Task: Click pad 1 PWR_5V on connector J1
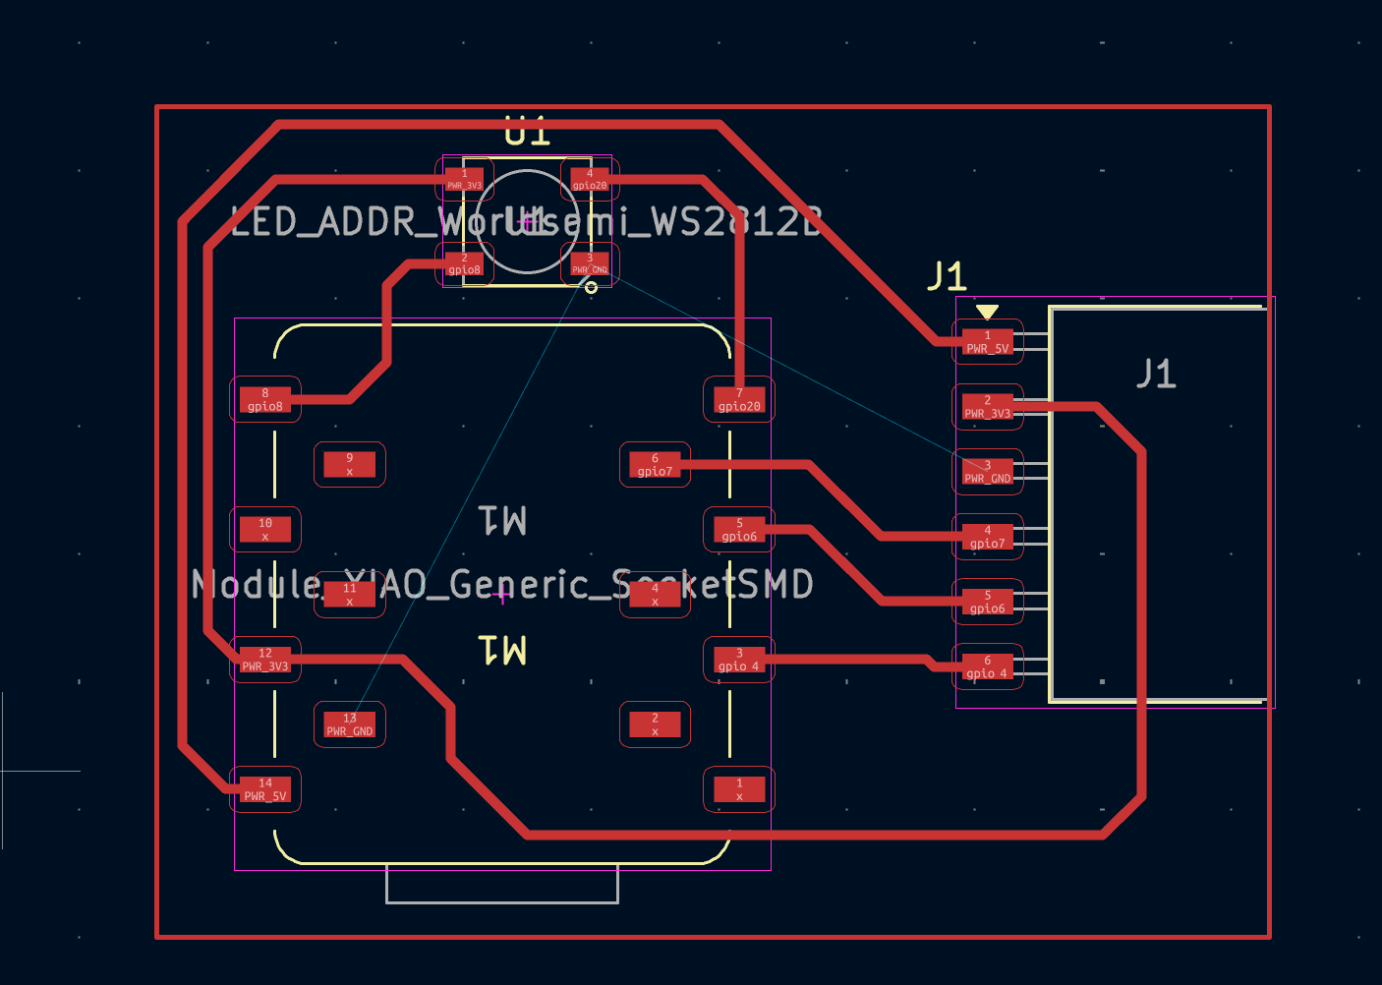(x=988, y=342)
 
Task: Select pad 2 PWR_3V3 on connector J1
(x=988, y=407)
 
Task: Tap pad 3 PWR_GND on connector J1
(x=988, y=472)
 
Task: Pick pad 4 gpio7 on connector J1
(x=988, y=537)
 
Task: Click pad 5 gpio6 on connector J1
(x=988, y=602)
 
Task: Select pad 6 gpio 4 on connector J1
(x=988, y=666)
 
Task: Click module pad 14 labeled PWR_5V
(x=265, y=789)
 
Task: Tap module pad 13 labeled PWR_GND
(x=350, y=724)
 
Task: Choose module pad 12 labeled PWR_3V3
(x=265, y=660)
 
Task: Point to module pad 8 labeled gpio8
(x=265, y=399)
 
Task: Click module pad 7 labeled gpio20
(x=739, y=399)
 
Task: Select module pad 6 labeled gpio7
(x=655, y=464)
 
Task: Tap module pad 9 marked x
(x=350, y=464)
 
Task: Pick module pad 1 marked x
(x=739, y=789)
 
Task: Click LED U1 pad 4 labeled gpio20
(x=590, y=179)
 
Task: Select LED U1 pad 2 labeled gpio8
(x=465, y=263)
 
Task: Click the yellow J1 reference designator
(x=947, y=276)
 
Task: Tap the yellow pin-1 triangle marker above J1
(x=987, y=312)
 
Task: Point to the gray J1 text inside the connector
(x=1156, y=374)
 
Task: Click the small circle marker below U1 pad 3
(x=591, y=287)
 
